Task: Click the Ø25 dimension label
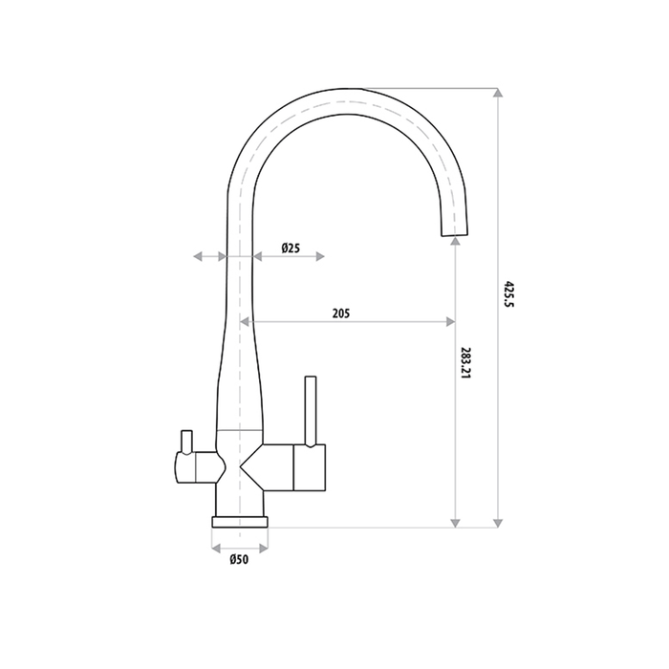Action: [291, 248]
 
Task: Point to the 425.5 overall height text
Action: [508, 295]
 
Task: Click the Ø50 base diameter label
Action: [239, 560]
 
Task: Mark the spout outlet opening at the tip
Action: [456, 232]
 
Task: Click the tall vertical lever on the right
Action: [310, 411]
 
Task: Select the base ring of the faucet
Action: [240, 522]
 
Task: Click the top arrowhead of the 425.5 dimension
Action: [497, 93]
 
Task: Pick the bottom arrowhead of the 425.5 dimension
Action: [497, 520]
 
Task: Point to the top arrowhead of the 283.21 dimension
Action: [456, 244]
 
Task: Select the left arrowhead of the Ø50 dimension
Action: [216, 550]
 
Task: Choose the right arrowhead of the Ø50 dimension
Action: [264, 550]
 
